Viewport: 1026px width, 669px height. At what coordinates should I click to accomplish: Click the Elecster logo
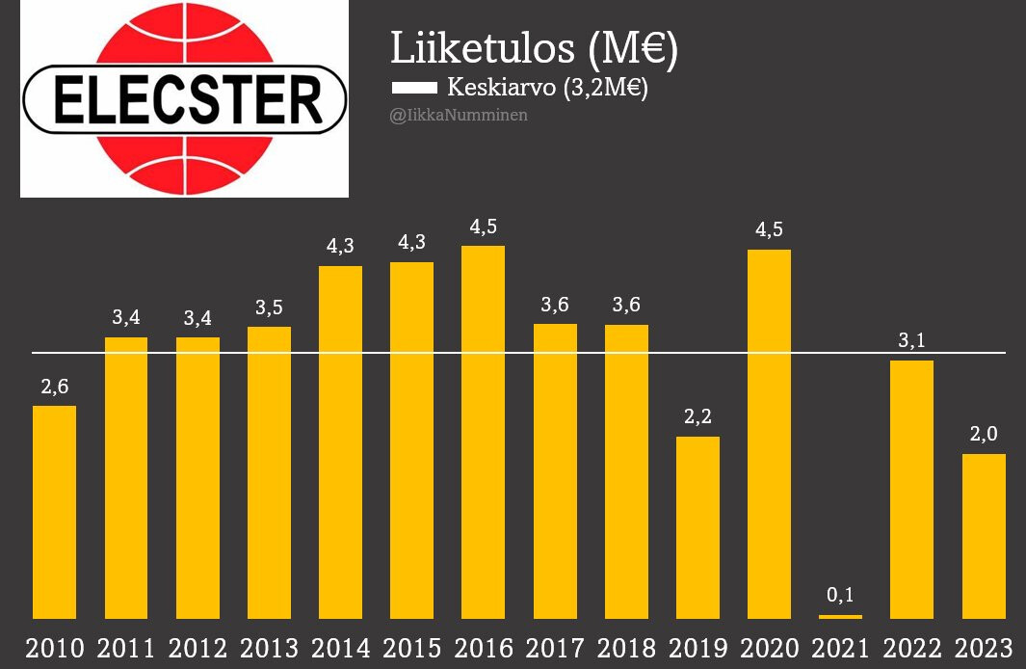[184, 99]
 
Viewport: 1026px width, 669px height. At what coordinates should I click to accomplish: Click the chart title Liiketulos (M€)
[534, 49]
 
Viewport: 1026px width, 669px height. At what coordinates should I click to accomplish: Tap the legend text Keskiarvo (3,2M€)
[547, 88]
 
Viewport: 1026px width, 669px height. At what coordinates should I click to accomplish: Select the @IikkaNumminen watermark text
[459, 116]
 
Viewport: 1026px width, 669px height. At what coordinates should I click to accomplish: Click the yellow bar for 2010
[54, 511]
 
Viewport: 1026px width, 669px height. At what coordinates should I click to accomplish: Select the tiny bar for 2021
[840, 616]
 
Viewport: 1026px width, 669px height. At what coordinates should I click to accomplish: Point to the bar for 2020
[769, 434]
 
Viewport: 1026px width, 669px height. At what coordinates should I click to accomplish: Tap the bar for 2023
[984, 535]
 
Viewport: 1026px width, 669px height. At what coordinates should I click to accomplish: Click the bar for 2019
[697, 526]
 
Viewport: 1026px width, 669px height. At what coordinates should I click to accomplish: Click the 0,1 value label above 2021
[840, 593]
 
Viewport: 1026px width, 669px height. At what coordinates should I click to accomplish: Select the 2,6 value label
[54, 386]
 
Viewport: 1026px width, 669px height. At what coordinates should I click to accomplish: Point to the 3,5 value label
[269, 308]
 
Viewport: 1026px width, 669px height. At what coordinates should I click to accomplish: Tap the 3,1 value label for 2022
[912, 340]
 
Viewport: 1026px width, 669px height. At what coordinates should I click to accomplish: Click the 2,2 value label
[697, 416]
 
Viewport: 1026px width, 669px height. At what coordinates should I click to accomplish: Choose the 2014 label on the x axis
[340, 647]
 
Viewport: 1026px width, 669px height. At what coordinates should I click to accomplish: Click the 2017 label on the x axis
[555, 647]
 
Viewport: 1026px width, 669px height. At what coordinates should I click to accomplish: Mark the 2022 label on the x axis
[912, 647]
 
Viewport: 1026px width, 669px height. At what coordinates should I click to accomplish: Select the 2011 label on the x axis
[125, 647]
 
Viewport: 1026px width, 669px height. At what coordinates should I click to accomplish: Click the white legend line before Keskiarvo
[414, 89]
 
